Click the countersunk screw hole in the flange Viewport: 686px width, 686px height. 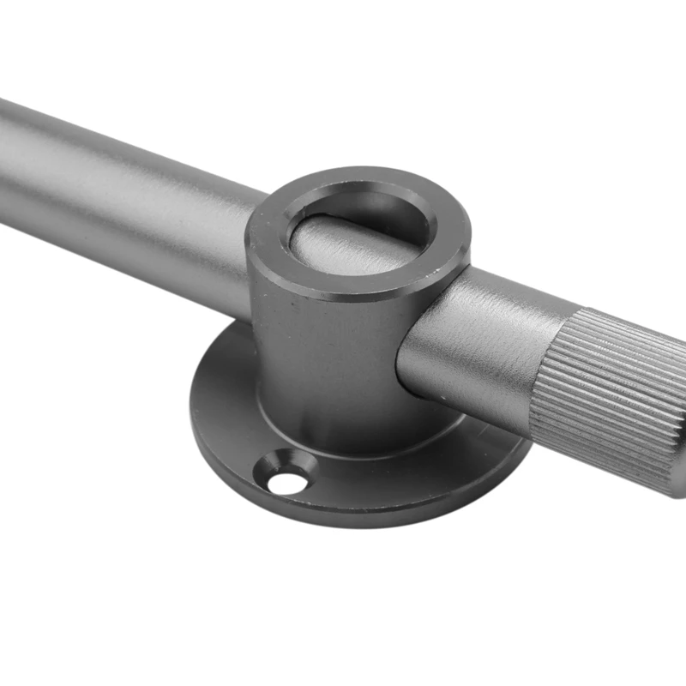coord(286,474)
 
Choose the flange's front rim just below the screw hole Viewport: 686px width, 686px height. coord(292,506)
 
